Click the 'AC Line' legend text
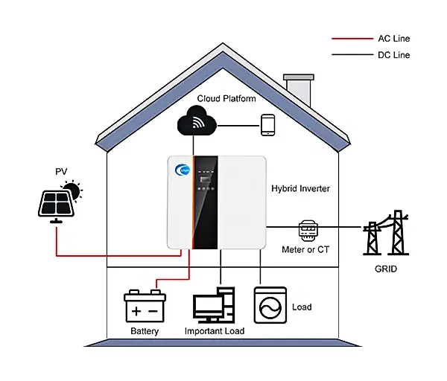tap(394, 39)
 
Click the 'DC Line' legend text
tap(394, 55)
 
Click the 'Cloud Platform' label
tap(226, 98)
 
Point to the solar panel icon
tap(56, 203)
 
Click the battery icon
tap(145, 305)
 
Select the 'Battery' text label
tap(145, 331)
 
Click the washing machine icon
tap(269, 305)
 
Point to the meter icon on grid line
tap(308, 228)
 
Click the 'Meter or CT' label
tap(305, 249)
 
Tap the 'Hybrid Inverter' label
tap(300, 189)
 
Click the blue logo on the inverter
tap(182, 170)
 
